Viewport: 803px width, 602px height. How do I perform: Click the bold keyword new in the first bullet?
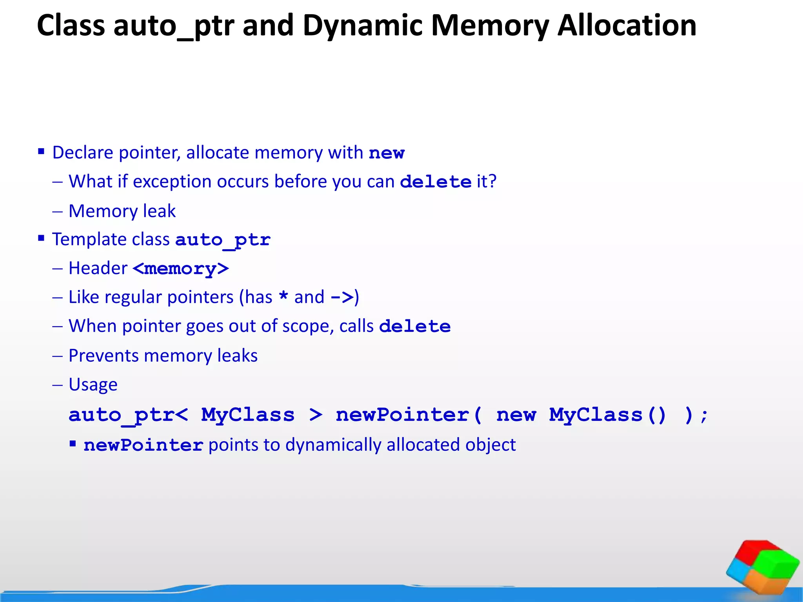[x=386, y=153]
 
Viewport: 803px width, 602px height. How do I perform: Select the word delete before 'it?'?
[x=435, y=182]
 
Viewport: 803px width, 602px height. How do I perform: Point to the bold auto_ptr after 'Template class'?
[x=223, y=240]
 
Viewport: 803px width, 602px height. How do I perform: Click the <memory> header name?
[x=181, y=269]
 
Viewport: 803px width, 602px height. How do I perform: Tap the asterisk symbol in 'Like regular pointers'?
[x=283, y=296]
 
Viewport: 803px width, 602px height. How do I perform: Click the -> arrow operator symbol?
[x=342, y=297]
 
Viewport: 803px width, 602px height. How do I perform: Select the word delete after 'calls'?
[x=415, y=326]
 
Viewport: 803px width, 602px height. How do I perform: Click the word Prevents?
[x=103, y=356]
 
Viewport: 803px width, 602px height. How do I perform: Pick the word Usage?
[x=93, y=384]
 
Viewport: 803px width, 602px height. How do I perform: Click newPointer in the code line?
[x=403, y=415]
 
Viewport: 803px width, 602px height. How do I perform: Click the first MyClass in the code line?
[x=247, y=415]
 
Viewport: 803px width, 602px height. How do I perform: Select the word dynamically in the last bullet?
[x=333, y=445]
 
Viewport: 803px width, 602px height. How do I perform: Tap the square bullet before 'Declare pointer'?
[x=41, y=151]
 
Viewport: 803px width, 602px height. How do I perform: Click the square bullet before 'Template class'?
[x=41, y=238]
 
